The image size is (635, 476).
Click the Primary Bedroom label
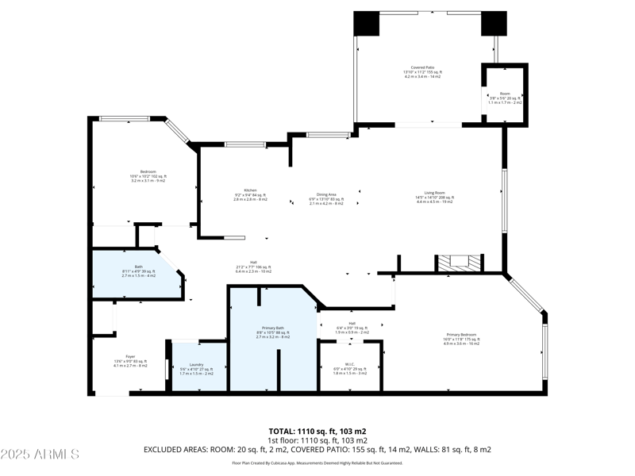point(463,336)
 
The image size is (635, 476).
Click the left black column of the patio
point(367,24)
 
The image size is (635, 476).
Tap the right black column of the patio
point(493,24)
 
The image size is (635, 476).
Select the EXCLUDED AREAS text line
point(317,449)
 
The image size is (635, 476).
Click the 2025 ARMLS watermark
point(40,455)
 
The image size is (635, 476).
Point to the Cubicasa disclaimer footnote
point(317,463)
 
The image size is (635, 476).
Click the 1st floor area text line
point(317,440)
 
